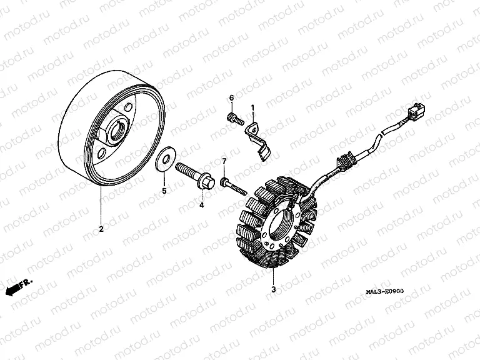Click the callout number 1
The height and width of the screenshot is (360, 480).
click(x=252, y=107)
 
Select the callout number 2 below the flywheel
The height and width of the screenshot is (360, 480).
click(x=101, y=229)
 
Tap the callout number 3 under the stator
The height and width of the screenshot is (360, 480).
click(x=274, y=289)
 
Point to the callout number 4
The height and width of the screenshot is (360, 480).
click(x=201, y=205)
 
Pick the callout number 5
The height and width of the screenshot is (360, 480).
click(x=164, y=191)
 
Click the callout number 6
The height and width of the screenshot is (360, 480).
click(x=231, y=98)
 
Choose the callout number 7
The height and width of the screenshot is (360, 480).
click(x=224, y=161)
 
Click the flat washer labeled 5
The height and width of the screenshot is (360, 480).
click(x=164, y=159)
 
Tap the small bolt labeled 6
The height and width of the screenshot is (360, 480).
click(x=235, y=119)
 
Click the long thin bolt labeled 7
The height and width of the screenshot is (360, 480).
click(x=233, y=186)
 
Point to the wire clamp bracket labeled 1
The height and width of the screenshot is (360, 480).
click(x=257, y=141)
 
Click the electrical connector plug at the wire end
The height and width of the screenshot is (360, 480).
click(x=416, y=111)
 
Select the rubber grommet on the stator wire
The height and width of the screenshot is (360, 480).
click(x=346, y=161)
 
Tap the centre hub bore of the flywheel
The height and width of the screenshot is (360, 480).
click(x=118, y=132)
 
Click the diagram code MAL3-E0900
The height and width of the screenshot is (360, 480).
click(x=385, y=291)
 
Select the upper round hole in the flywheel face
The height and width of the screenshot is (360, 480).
click(x=129, y=107)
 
